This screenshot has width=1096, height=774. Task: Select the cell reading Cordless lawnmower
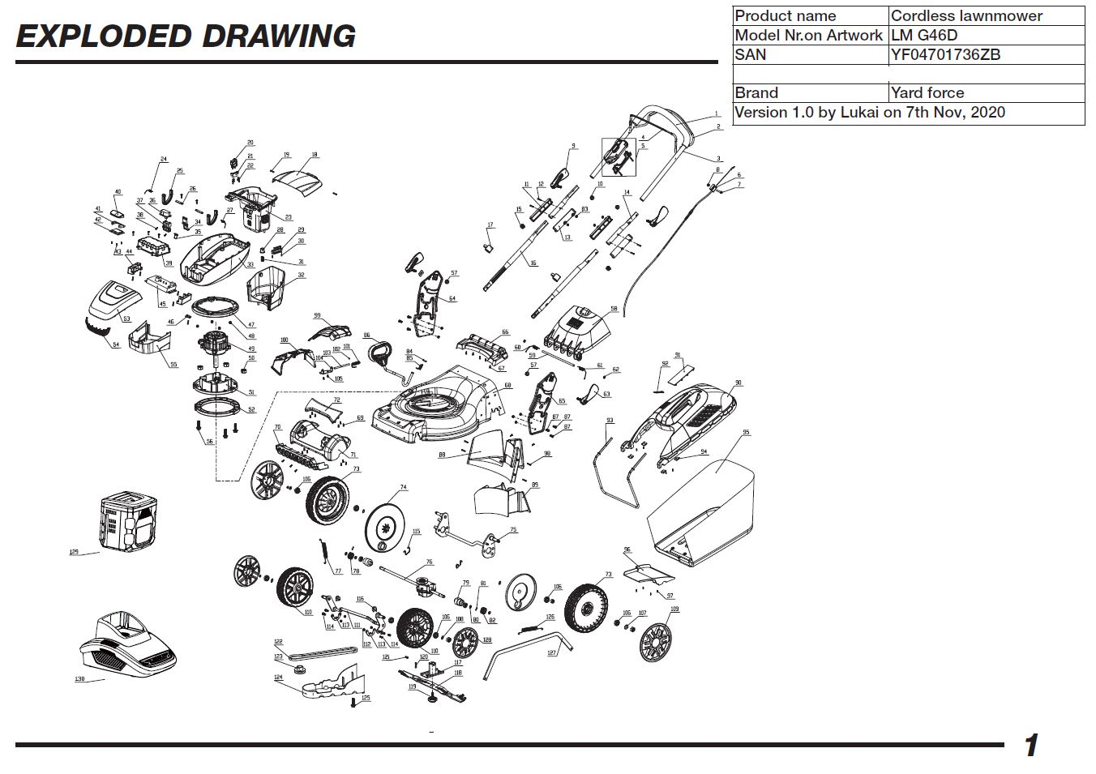pos(966,15)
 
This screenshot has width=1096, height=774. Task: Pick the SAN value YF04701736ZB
pos(945,54)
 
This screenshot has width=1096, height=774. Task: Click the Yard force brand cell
pos(927,92)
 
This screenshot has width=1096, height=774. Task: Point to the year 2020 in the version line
pos(987,113)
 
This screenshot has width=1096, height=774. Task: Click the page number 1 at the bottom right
pos(1030,745)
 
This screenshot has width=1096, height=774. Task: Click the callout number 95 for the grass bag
pos(746,433)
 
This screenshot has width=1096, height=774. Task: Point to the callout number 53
pos(126,319)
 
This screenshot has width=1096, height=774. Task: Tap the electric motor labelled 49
pos(215,345)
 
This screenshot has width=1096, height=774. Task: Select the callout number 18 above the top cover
pos(315,155)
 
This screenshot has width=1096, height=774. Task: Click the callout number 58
pos(614,309)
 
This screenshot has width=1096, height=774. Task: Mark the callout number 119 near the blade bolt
pos(412,686)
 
